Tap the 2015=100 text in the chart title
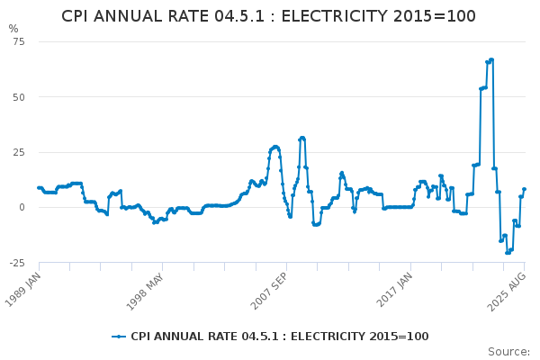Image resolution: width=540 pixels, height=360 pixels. click(440, 16)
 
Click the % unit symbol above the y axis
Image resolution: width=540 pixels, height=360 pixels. click(13, 29)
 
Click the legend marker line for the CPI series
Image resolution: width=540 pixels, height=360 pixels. click(119, 337)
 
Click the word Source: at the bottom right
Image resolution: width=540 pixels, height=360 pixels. click(508, 351)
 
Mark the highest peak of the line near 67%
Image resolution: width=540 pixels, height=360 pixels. click(491, 59)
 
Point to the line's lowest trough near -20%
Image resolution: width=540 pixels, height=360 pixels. click(507, 252)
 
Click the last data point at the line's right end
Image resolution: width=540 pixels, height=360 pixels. click(524, 189)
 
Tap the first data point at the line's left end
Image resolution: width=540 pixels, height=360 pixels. click(39, 188)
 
